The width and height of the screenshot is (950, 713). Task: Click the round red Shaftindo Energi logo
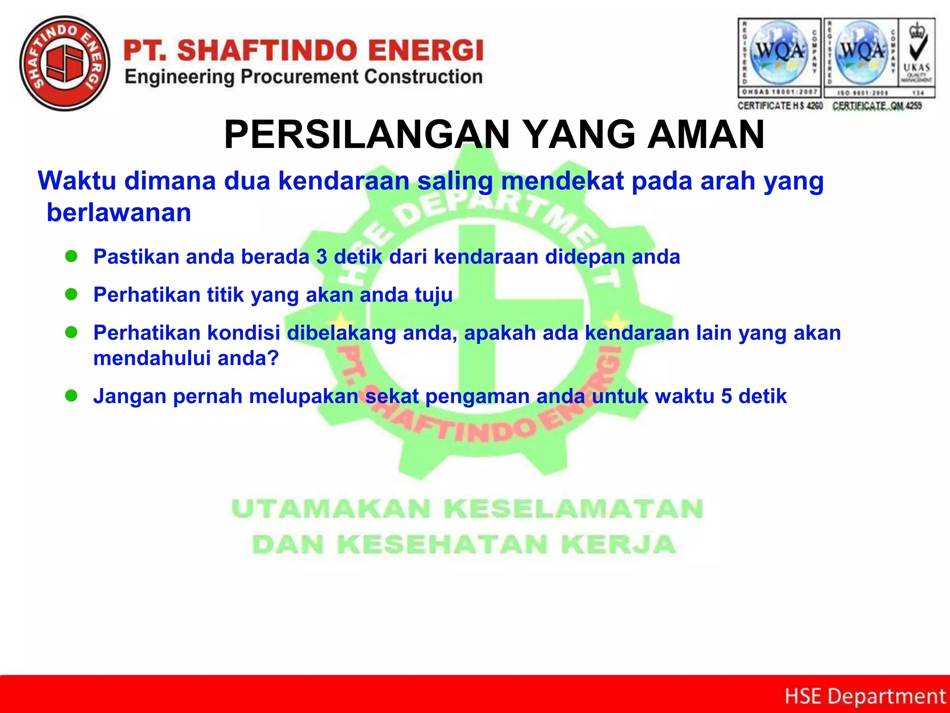click(65, 64)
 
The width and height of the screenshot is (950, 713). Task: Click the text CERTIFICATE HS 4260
click(780, 106)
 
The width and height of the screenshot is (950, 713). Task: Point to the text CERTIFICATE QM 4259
click(877, 106)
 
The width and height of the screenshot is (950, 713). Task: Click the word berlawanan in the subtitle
click(119, 213)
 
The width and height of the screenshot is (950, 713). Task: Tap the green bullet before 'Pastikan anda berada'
click(71, 256)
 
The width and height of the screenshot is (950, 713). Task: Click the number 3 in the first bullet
click(321, 257)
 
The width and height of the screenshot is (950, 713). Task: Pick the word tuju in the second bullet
click(433, 295)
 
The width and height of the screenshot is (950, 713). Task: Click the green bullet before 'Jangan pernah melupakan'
click(71, 395)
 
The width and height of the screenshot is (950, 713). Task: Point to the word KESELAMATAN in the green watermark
click(573, 509)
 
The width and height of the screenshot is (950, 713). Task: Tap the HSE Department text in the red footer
click(865, 696)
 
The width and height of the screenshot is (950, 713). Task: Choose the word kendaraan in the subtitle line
click(344, 181)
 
